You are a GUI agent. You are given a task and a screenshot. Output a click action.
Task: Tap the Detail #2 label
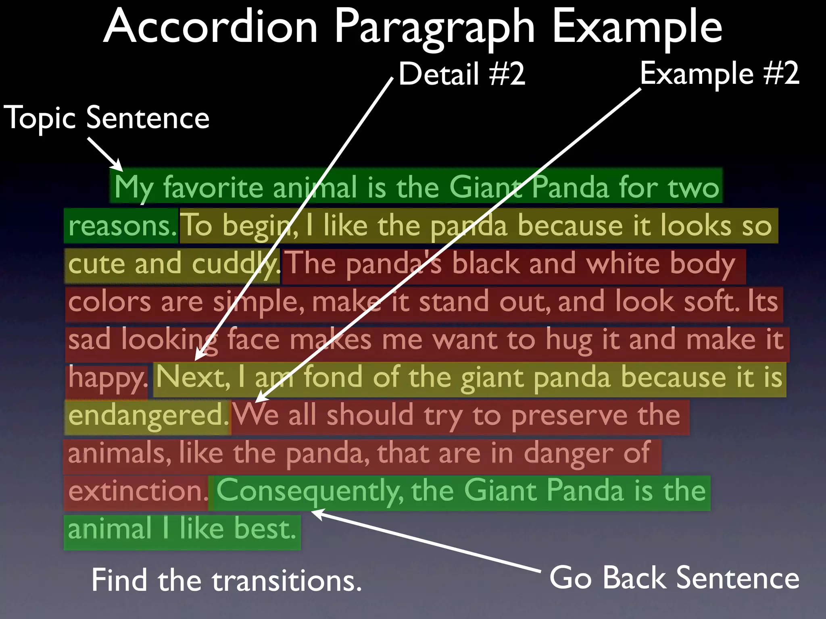tap(462, 74)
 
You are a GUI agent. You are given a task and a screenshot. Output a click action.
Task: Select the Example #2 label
tap(720, 73)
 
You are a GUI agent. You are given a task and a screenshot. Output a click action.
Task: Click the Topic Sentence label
tap(106, 118)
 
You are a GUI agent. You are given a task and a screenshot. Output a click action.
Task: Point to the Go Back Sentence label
tap(674, 578)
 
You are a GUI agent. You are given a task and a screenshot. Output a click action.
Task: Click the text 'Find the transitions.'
tap(226, 581)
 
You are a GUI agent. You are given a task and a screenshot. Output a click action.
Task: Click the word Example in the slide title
tap(637, 27)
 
